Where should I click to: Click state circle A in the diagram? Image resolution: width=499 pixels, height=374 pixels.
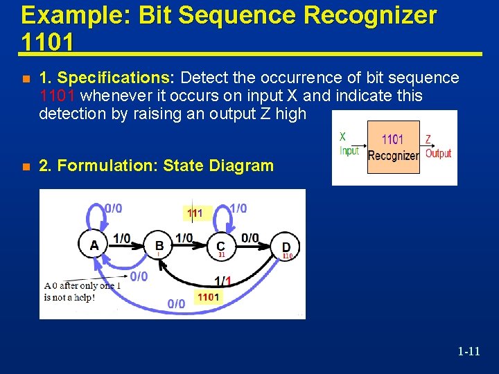[94, 244]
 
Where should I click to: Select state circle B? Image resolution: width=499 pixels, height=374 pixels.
[159, 244]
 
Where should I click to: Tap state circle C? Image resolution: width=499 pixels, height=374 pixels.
[220, 245]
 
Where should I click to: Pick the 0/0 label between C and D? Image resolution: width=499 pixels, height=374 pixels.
[249, 238]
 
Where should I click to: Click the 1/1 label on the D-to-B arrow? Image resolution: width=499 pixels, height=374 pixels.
[222, 281]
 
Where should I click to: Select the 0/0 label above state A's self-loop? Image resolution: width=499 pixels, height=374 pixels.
[113, 208]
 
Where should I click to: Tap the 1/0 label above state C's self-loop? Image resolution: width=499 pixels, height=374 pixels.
[238, 208]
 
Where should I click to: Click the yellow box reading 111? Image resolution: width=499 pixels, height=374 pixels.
[195, 213]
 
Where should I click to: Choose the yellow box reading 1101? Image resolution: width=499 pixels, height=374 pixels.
[208, 297]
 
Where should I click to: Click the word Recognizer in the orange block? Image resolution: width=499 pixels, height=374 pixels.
[393, 155]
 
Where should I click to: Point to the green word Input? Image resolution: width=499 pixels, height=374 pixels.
[349, 151]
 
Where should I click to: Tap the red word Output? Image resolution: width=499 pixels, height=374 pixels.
[438, 153]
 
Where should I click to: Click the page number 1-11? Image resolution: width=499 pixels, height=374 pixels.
[469, 351]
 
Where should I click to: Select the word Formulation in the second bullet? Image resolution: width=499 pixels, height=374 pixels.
[110, 166]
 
